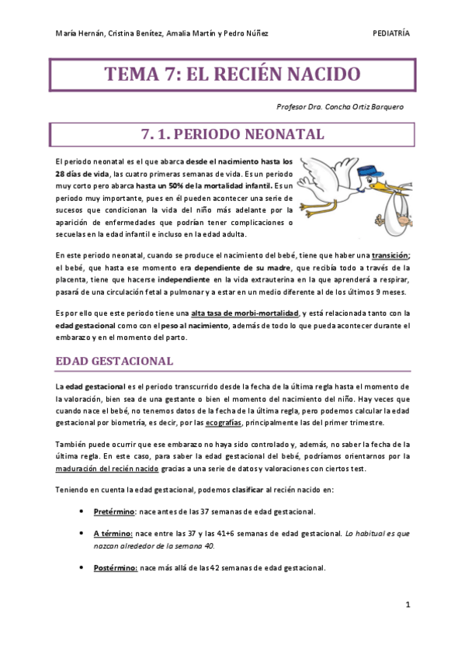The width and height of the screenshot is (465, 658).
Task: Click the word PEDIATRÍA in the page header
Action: [391, 33]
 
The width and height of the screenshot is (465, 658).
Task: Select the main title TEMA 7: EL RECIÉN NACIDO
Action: [232, 75]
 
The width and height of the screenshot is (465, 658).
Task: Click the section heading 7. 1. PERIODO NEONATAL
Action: [232, 134]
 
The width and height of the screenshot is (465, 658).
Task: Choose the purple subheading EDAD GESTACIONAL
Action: [114, 362]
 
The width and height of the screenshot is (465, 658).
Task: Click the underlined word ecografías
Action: [224, 422]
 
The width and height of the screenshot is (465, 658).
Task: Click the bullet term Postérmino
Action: [116, 568]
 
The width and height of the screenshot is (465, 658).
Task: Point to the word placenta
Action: [74, 280]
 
